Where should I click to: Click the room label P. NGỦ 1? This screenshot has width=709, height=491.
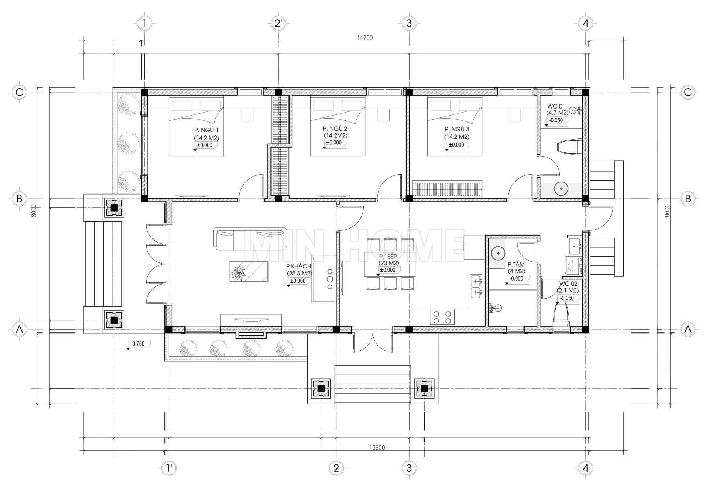point(206,130)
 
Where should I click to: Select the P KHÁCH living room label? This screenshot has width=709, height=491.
point(298,267)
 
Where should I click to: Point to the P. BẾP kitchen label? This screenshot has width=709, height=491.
point(387,257)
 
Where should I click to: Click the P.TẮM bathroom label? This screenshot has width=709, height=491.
point(516,265)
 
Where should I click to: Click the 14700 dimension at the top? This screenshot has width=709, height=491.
point(365,38)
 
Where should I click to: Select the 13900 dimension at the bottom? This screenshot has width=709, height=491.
point(377,448)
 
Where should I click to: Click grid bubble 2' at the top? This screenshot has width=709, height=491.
point(278,24)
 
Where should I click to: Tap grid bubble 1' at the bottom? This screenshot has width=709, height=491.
point(169,469)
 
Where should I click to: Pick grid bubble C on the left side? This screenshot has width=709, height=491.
point(20,92)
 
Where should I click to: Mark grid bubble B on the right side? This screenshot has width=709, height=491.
point(688,199)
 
